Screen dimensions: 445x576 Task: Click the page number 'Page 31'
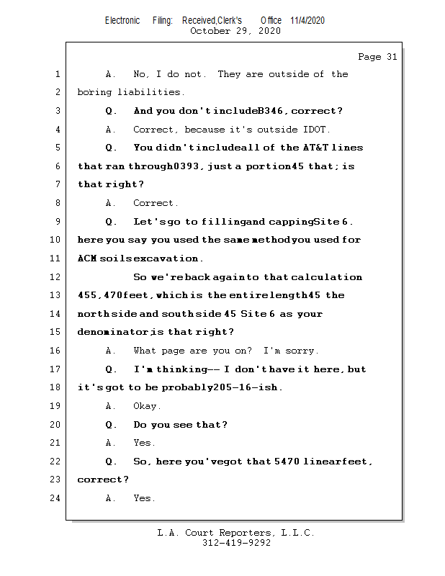point(377,57)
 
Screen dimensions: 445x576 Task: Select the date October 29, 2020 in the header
point(235,31)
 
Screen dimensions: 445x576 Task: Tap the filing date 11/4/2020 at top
point(307,20)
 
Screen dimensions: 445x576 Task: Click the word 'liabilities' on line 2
point(149,92)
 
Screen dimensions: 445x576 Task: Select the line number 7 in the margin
point(58,184)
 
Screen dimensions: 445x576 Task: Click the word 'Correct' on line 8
point(153,203)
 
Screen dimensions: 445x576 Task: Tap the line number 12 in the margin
point(55,276)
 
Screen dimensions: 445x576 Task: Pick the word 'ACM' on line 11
point(87,258)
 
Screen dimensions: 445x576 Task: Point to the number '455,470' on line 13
point(99,295)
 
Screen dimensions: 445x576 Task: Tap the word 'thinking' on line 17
point(182,369)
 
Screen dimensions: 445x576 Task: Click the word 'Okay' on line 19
point(145,406)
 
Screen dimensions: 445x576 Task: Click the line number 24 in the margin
point(55,498)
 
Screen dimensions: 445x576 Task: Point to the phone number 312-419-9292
point(236,543)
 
